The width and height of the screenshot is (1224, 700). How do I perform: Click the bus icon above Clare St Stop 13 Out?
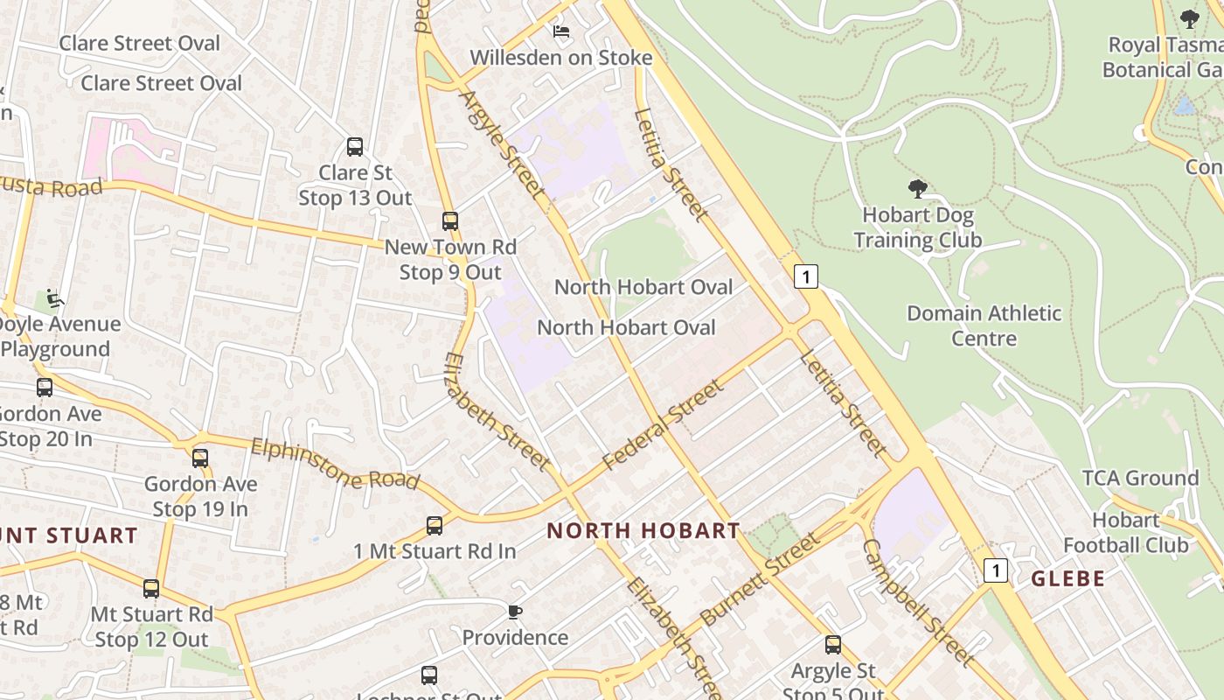point(355,147)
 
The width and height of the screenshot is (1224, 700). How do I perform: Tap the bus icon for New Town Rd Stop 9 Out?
point(450,221)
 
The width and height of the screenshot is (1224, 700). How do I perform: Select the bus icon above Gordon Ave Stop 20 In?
point(45,388)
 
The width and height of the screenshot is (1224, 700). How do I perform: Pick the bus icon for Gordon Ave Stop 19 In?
point(200,458)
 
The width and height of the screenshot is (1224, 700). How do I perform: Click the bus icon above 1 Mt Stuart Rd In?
point(435,526)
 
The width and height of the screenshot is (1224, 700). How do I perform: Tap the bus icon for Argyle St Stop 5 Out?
point(833,646)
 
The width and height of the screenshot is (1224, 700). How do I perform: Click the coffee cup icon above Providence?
point(515,612)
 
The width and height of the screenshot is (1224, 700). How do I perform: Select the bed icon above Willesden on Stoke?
point(561,31)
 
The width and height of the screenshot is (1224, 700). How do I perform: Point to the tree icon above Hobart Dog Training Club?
point(917,188)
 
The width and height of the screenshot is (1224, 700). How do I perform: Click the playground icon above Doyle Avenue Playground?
point(55,298)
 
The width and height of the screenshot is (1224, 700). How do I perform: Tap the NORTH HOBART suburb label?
point(643,530)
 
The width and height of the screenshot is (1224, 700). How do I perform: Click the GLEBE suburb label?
point(1068,578)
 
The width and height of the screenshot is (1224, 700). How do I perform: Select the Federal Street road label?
point(664,423)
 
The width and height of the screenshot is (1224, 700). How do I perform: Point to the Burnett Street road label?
point(760,579)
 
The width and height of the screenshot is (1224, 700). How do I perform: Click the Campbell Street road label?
point(918,602)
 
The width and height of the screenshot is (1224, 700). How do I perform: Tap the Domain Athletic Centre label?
point(984,325)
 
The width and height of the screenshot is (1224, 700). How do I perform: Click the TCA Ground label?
point(1140,478)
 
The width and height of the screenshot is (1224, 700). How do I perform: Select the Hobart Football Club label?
point(1125,533)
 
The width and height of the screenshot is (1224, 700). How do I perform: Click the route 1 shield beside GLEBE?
point(995,570)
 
